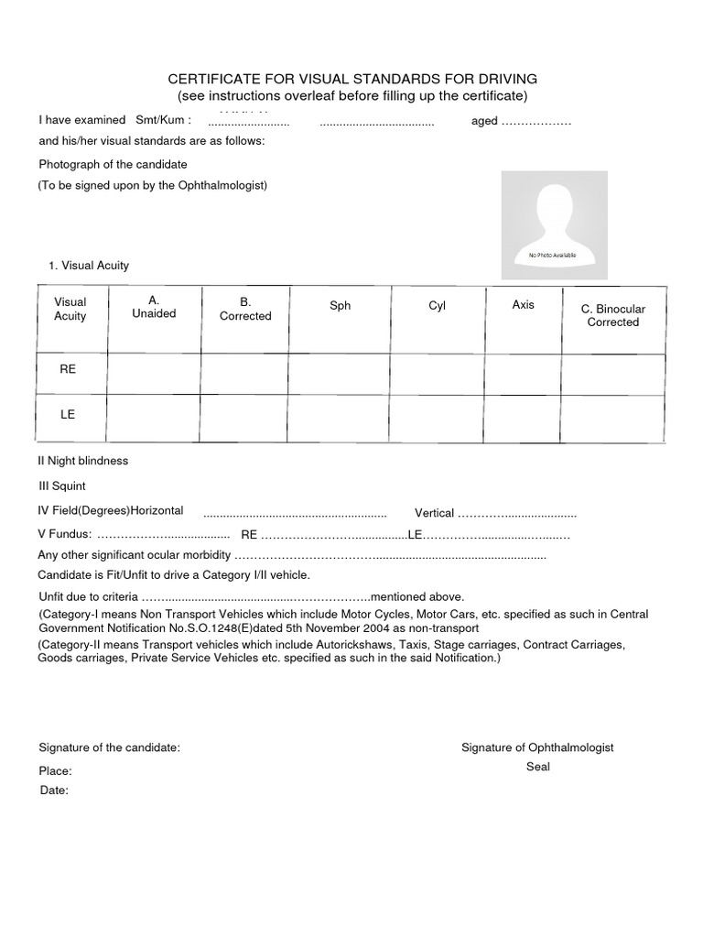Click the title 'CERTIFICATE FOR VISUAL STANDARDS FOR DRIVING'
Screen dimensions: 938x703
(x=353, y=79)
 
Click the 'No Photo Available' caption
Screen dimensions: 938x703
(x=552, y=256)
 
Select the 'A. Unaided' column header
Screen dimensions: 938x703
(x=154, y=307)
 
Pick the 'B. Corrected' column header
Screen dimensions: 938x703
(x=245, y=309)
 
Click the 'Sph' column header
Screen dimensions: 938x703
(x=340, y=306)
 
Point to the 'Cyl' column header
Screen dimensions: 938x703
(x=437, y=306)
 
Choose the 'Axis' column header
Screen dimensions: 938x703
(x=523, y=305)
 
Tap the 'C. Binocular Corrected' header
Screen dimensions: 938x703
(x=612, y=316)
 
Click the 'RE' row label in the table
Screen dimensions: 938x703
(x=68, y=368)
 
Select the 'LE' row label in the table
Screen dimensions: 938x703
(x=68, y=415)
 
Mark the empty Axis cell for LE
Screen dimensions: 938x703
(x=523, y=419)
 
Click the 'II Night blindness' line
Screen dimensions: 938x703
(x=82, y=461)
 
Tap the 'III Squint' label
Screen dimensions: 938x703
(x=61, y=486)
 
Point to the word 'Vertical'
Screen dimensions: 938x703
(x=434, y=513)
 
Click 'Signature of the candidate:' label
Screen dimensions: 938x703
(x=109, y=747)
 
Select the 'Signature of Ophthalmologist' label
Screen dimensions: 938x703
(x=537, y=747)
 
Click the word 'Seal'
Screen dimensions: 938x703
(x=537, y=767)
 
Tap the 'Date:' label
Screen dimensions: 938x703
(x=54, y=791)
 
